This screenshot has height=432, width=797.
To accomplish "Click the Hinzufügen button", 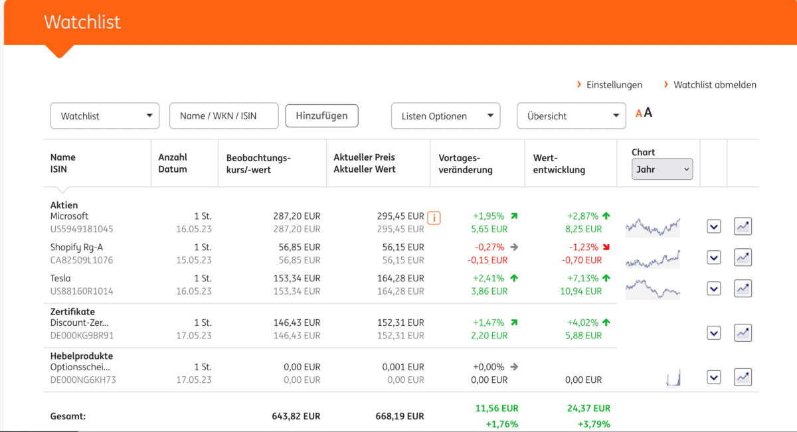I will pyautogui.click(x=321, y=115).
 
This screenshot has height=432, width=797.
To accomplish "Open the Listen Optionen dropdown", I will pyautogui.click(x=445, y=116).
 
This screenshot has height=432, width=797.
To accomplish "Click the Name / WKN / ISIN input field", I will pyautogui.click(x=223, y=115).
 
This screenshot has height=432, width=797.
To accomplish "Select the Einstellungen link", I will pyautogui.click(x=614, y=85).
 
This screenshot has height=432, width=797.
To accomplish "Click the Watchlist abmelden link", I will pyautogui.click(x=715, y=85).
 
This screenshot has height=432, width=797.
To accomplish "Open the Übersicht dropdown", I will pyautogui.click(x=571, y=116).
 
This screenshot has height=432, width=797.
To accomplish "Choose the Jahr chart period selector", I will pyautogui.click(x=662, y=169).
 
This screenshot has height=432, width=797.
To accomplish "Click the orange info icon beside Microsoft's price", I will pyautogui.click(x=434, y=217).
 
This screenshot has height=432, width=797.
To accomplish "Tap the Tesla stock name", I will pyautogui.click(x=60, y=278).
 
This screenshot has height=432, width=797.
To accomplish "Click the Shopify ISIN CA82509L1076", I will pyautogui.click(x=82, y=260).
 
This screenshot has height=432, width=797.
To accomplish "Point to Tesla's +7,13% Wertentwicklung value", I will pyautogui.click(x=582, y=278).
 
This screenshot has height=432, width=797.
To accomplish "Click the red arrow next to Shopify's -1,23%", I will pyautogui.click(x=606, y=248).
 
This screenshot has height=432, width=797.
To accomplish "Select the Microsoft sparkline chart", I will pyautogui.click(x=653, y=226).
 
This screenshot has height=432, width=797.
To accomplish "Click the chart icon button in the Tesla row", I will pyautogui.click(x=743, y=289).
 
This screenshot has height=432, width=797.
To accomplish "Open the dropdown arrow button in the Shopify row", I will pyautogui.click(x=713, y=257).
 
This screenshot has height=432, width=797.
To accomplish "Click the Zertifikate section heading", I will pyautogui.click(x=72, y=311).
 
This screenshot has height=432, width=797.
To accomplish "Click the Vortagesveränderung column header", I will pyautogui.click(x=466, y=163).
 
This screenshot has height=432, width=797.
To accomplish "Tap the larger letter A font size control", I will pyautogui.click(x=648, y=113).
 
